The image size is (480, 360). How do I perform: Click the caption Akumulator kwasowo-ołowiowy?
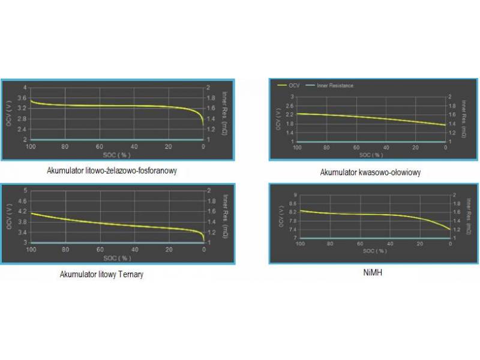click(370, 172)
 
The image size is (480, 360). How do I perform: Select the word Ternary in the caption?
click(130, 274)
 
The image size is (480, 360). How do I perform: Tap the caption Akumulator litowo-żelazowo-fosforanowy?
click(112, 170)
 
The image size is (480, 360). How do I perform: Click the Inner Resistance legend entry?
click(331, 86)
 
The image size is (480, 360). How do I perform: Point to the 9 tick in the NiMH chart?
click(294, 195)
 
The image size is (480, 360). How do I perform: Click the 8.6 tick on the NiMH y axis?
click(292, 203)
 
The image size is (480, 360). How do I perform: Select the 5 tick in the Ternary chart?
click(25, 191)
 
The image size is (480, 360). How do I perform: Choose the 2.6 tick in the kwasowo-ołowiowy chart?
click(292, 106)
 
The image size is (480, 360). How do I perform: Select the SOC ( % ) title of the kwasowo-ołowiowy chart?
click(371, 154)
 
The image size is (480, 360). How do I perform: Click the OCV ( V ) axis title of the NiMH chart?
click(281, 217)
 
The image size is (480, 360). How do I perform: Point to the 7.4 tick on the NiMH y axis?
click(292, 229)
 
